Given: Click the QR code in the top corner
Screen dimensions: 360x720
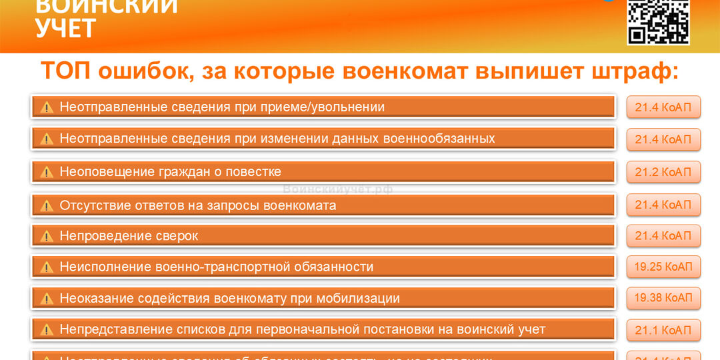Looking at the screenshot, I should pos(657,21).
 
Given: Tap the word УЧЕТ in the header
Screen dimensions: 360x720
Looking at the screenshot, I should pos(65,28).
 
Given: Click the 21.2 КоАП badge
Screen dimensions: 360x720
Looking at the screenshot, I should pos(663,172).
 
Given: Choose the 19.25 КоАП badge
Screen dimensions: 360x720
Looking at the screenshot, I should pos(663,267).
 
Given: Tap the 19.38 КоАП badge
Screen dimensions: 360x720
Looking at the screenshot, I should pos(663,298).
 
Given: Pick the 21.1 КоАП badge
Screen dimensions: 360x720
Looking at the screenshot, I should pos(663,330).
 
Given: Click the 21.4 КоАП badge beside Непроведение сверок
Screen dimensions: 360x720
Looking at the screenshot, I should pos(663,235).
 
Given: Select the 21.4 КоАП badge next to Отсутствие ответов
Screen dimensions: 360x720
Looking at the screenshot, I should pos(663,204).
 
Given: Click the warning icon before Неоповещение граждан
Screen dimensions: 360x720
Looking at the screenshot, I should pos(47,173).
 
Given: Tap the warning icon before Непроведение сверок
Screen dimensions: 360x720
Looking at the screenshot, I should pos(47,236).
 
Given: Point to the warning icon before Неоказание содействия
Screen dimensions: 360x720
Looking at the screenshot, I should pos(47,299).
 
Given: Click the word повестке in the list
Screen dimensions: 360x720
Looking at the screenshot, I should pos(256,172).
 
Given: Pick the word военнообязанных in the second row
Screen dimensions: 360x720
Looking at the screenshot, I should pos(439,139).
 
